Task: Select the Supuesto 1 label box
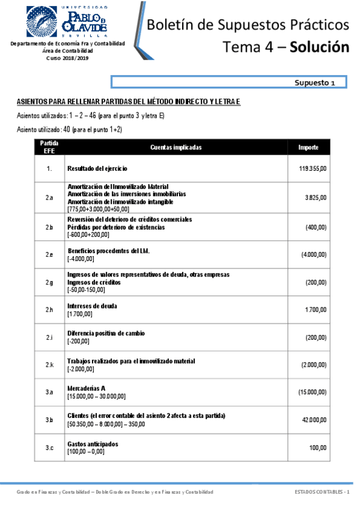pos(231,82)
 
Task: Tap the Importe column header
pos(313,147)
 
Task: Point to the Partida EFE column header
pos(49,147)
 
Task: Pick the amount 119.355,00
pos(313,169)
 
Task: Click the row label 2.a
pos(49,197)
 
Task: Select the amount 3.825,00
pos(315,197)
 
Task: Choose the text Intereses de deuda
pos(93,306)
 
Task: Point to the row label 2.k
pos(49,365)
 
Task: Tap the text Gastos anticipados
pos(93,444)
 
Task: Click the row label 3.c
pos(49,447)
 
